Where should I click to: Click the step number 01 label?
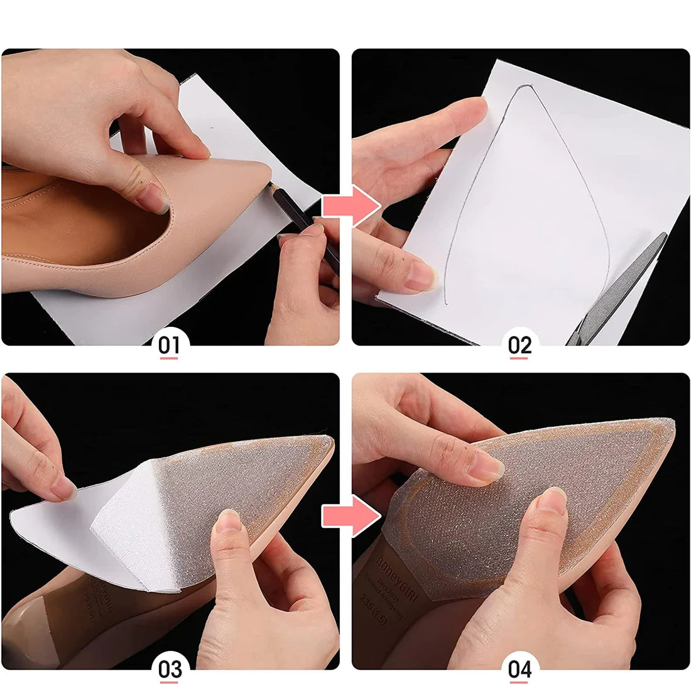169,345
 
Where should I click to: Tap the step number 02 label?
520,345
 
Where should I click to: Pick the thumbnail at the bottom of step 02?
420,276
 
